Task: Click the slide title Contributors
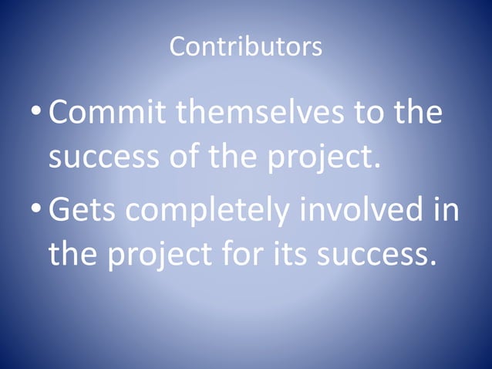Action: [245, 48]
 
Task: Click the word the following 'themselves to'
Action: [418, 113]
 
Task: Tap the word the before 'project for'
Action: [73, 253]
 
